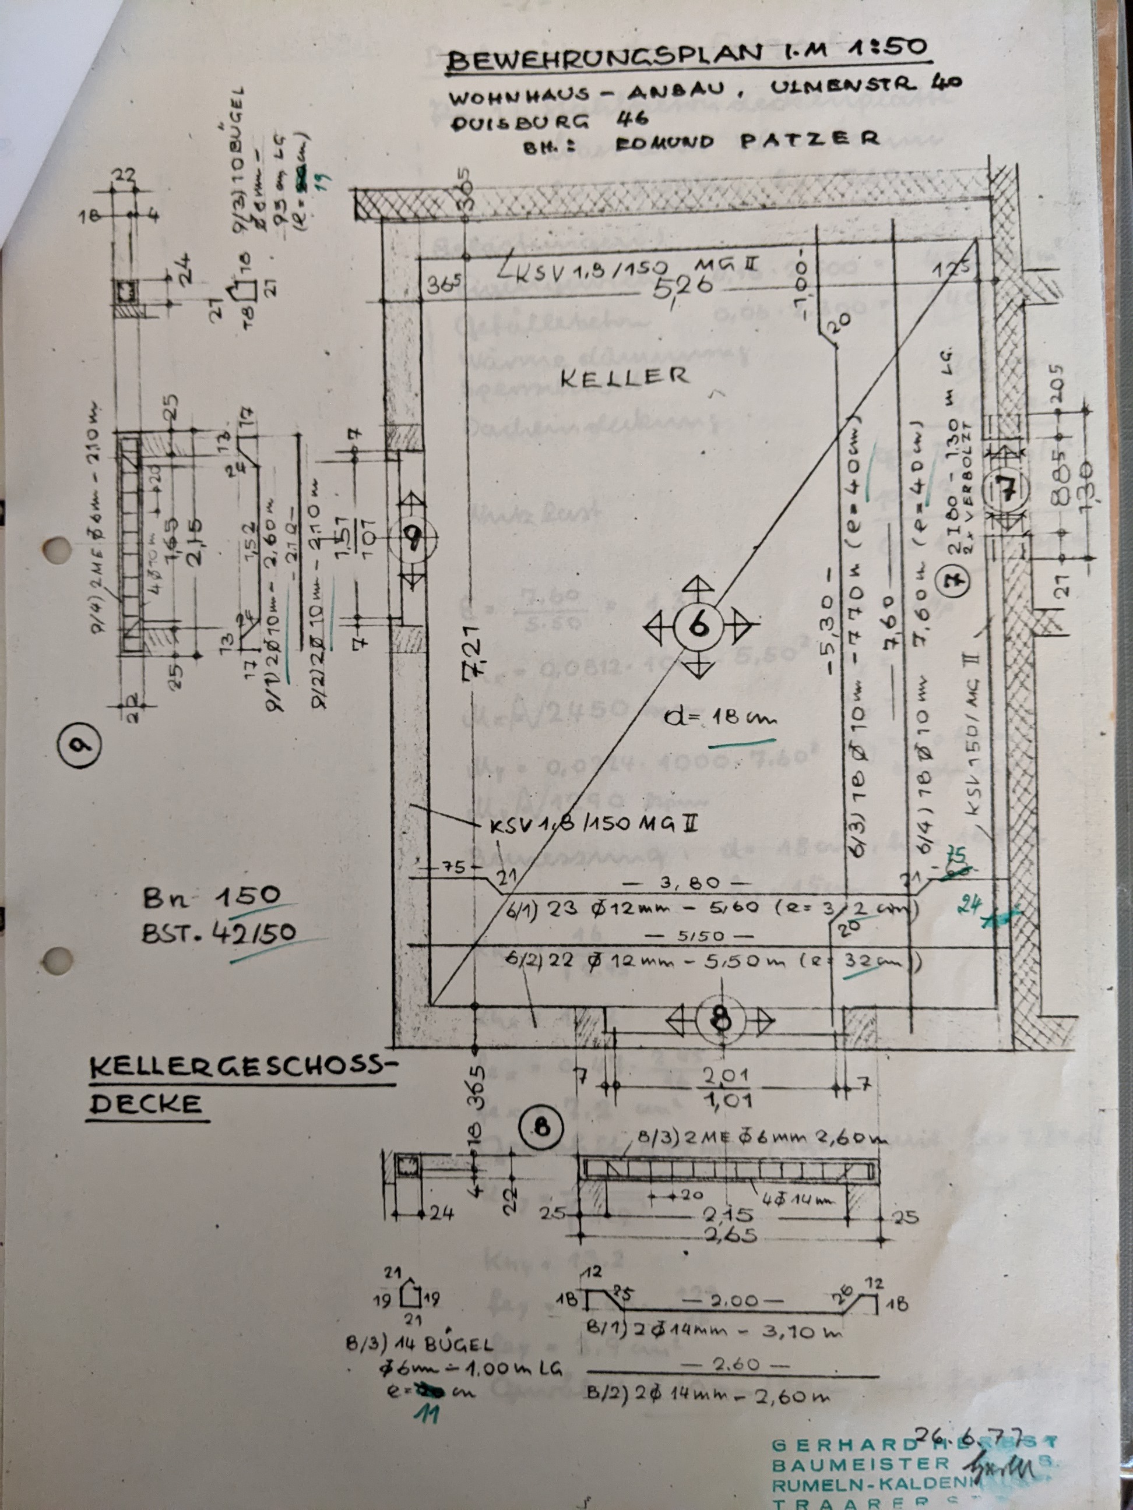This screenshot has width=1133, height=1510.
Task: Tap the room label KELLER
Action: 624,377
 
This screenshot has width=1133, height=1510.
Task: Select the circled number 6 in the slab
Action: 696,625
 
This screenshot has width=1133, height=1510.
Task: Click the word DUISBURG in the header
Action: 519,123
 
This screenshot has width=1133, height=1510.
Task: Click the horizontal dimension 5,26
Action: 683,285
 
